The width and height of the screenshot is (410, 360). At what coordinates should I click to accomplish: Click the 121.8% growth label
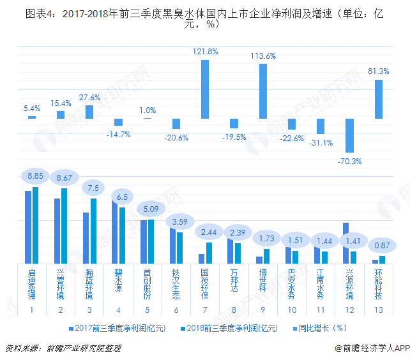205,51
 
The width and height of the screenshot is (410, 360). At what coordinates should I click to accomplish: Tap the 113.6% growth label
263,56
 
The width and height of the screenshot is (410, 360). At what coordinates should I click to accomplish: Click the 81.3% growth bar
379,98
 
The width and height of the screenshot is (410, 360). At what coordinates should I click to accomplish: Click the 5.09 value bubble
148,209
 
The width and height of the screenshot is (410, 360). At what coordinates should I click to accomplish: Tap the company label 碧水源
118,280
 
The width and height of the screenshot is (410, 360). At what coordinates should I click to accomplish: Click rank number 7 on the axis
205,310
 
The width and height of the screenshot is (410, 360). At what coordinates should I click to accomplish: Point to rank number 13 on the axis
379,310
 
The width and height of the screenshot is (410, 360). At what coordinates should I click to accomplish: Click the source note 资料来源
63,349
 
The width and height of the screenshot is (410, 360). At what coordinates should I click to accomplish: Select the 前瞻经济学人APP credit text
367,349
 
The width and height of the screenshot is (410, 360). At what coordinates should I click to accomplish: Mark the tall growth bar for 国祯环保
205,89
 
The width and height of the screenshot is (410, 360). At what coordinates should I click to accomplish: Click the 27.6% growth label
89,98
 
